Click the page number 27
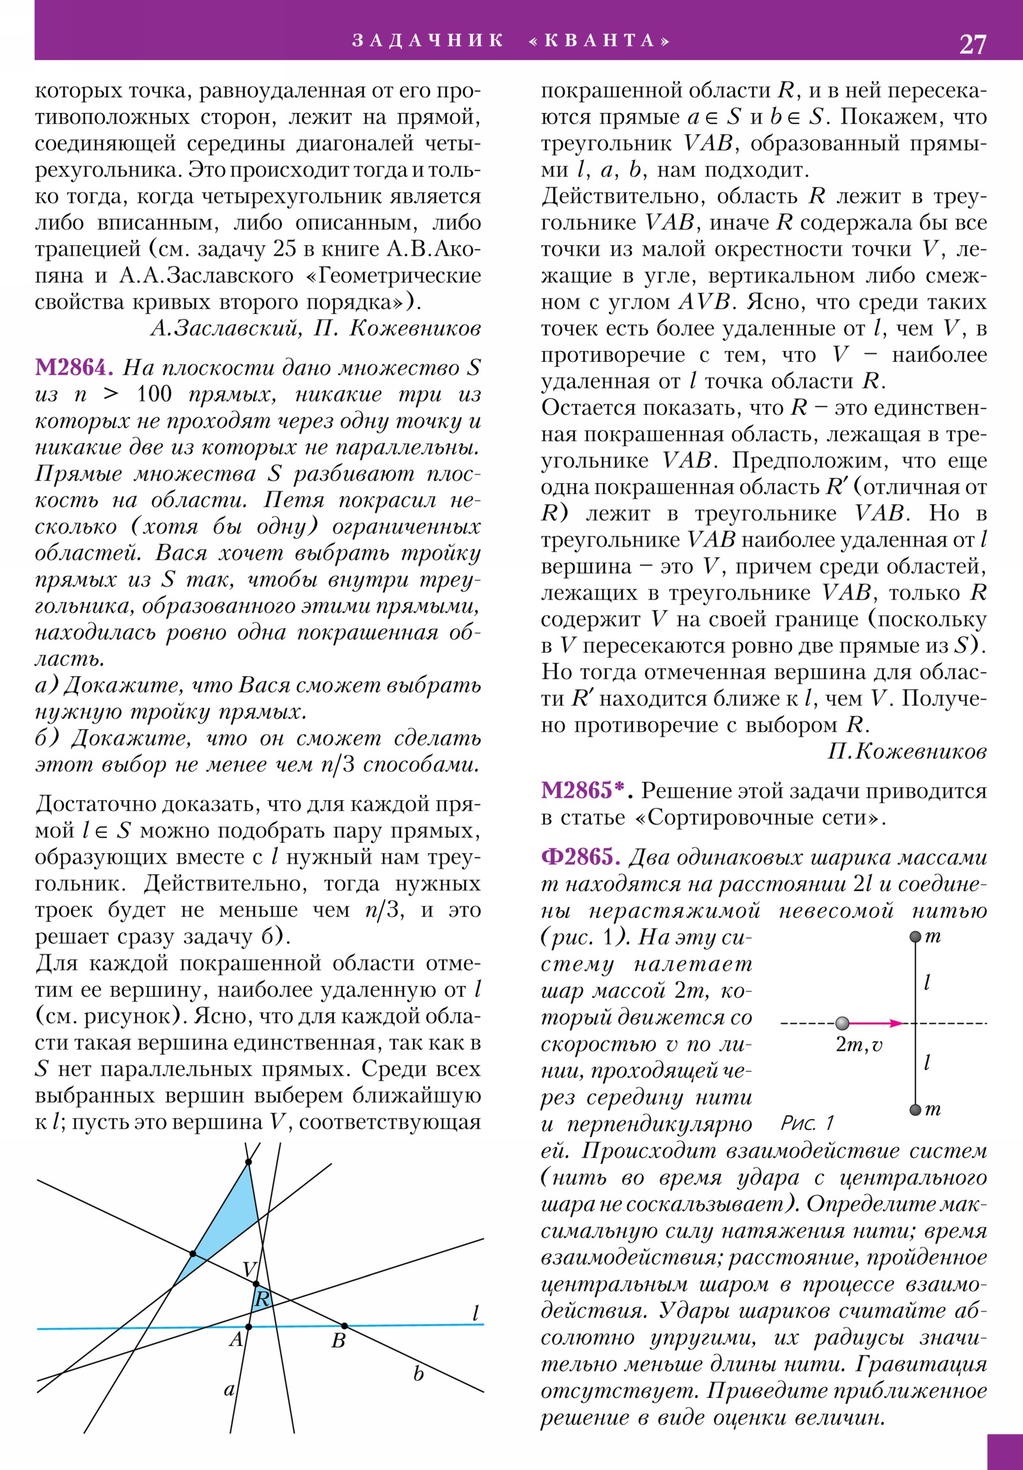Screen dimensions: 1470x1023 972,44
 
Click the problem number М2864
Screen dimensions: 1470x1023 74,367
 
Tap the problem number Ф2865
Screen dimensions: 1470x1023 581,857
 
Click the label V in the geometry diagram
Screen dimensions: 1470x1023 250,1270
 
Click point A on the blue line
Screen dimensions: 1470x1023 249,1327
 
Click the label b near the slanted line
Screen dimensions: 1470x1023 418,1375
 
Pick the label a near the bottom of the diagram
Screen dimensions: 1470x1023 229,1389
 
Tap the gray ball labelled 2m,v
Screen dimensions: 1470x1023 842,1023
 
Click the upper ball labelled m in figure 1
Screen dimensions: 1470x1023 916,938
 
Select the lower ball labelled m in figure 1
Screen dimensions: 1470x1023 916,1110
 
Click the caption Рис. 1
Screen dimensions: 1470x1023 807,1123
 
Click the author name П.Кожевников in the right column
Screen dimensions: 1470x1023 907,752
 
